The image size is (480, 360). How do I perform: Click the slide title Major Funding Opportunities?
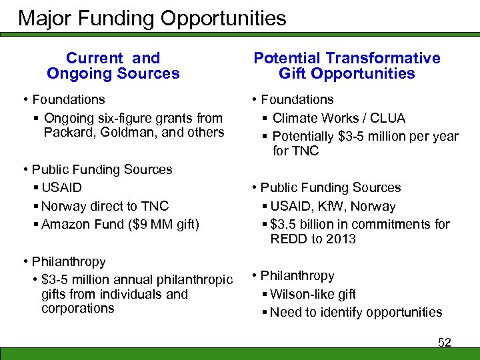coord(152,17)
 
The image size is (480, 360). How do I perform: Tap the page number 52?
coord(444,342)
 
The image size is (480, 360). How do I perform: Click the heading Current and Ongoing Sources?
coord(113,66)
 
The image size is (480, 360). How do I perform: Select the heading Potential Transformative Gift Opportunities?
coord(347,66)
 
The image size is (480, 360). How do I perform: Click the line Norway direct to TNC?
coord(105,206)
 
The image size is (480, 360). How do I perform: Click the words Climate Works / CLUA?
coord(339,118)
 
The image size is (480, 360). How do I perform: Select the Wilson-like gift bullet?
coord(313,294)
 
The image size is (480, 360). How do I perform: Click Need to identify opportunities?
coord(357,312)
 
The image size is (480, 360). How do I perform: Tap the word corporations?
coord(77,308)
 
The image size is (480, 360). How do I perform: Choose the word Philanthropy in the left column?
coord(69,262)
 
